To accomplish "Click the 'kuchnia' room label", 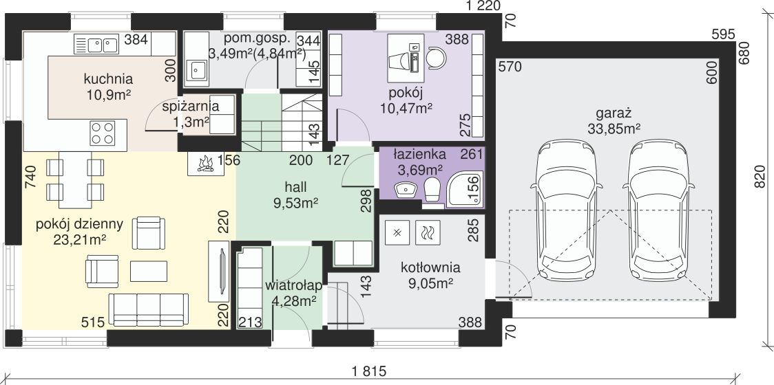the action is (108, 79).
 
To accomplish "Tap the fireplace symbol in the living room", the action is (205, 163).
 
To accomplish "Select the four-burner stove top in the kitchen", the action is (102, 133).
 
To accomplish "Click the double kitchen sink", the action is (96, 44).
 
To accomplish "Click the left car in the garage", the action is (566, 210).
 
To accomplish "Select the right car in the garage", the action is (658, 210).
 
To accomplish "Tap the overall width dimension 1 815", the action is (370, 371).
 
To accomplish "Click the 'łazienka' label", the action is (419, 154).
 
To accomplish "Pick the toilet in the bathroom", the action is (432, 189).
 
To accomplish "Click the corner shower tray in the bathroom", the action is (465, 187).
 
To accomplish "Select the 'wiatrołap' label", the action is (294, 285).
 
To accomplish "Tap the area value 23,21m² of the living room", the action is (81, 239).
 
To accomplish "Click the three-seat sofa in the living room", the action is (149, 309).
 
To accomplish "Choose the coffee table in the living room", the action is (149, 271).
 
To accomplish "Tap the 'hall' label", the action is (295, 187).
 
